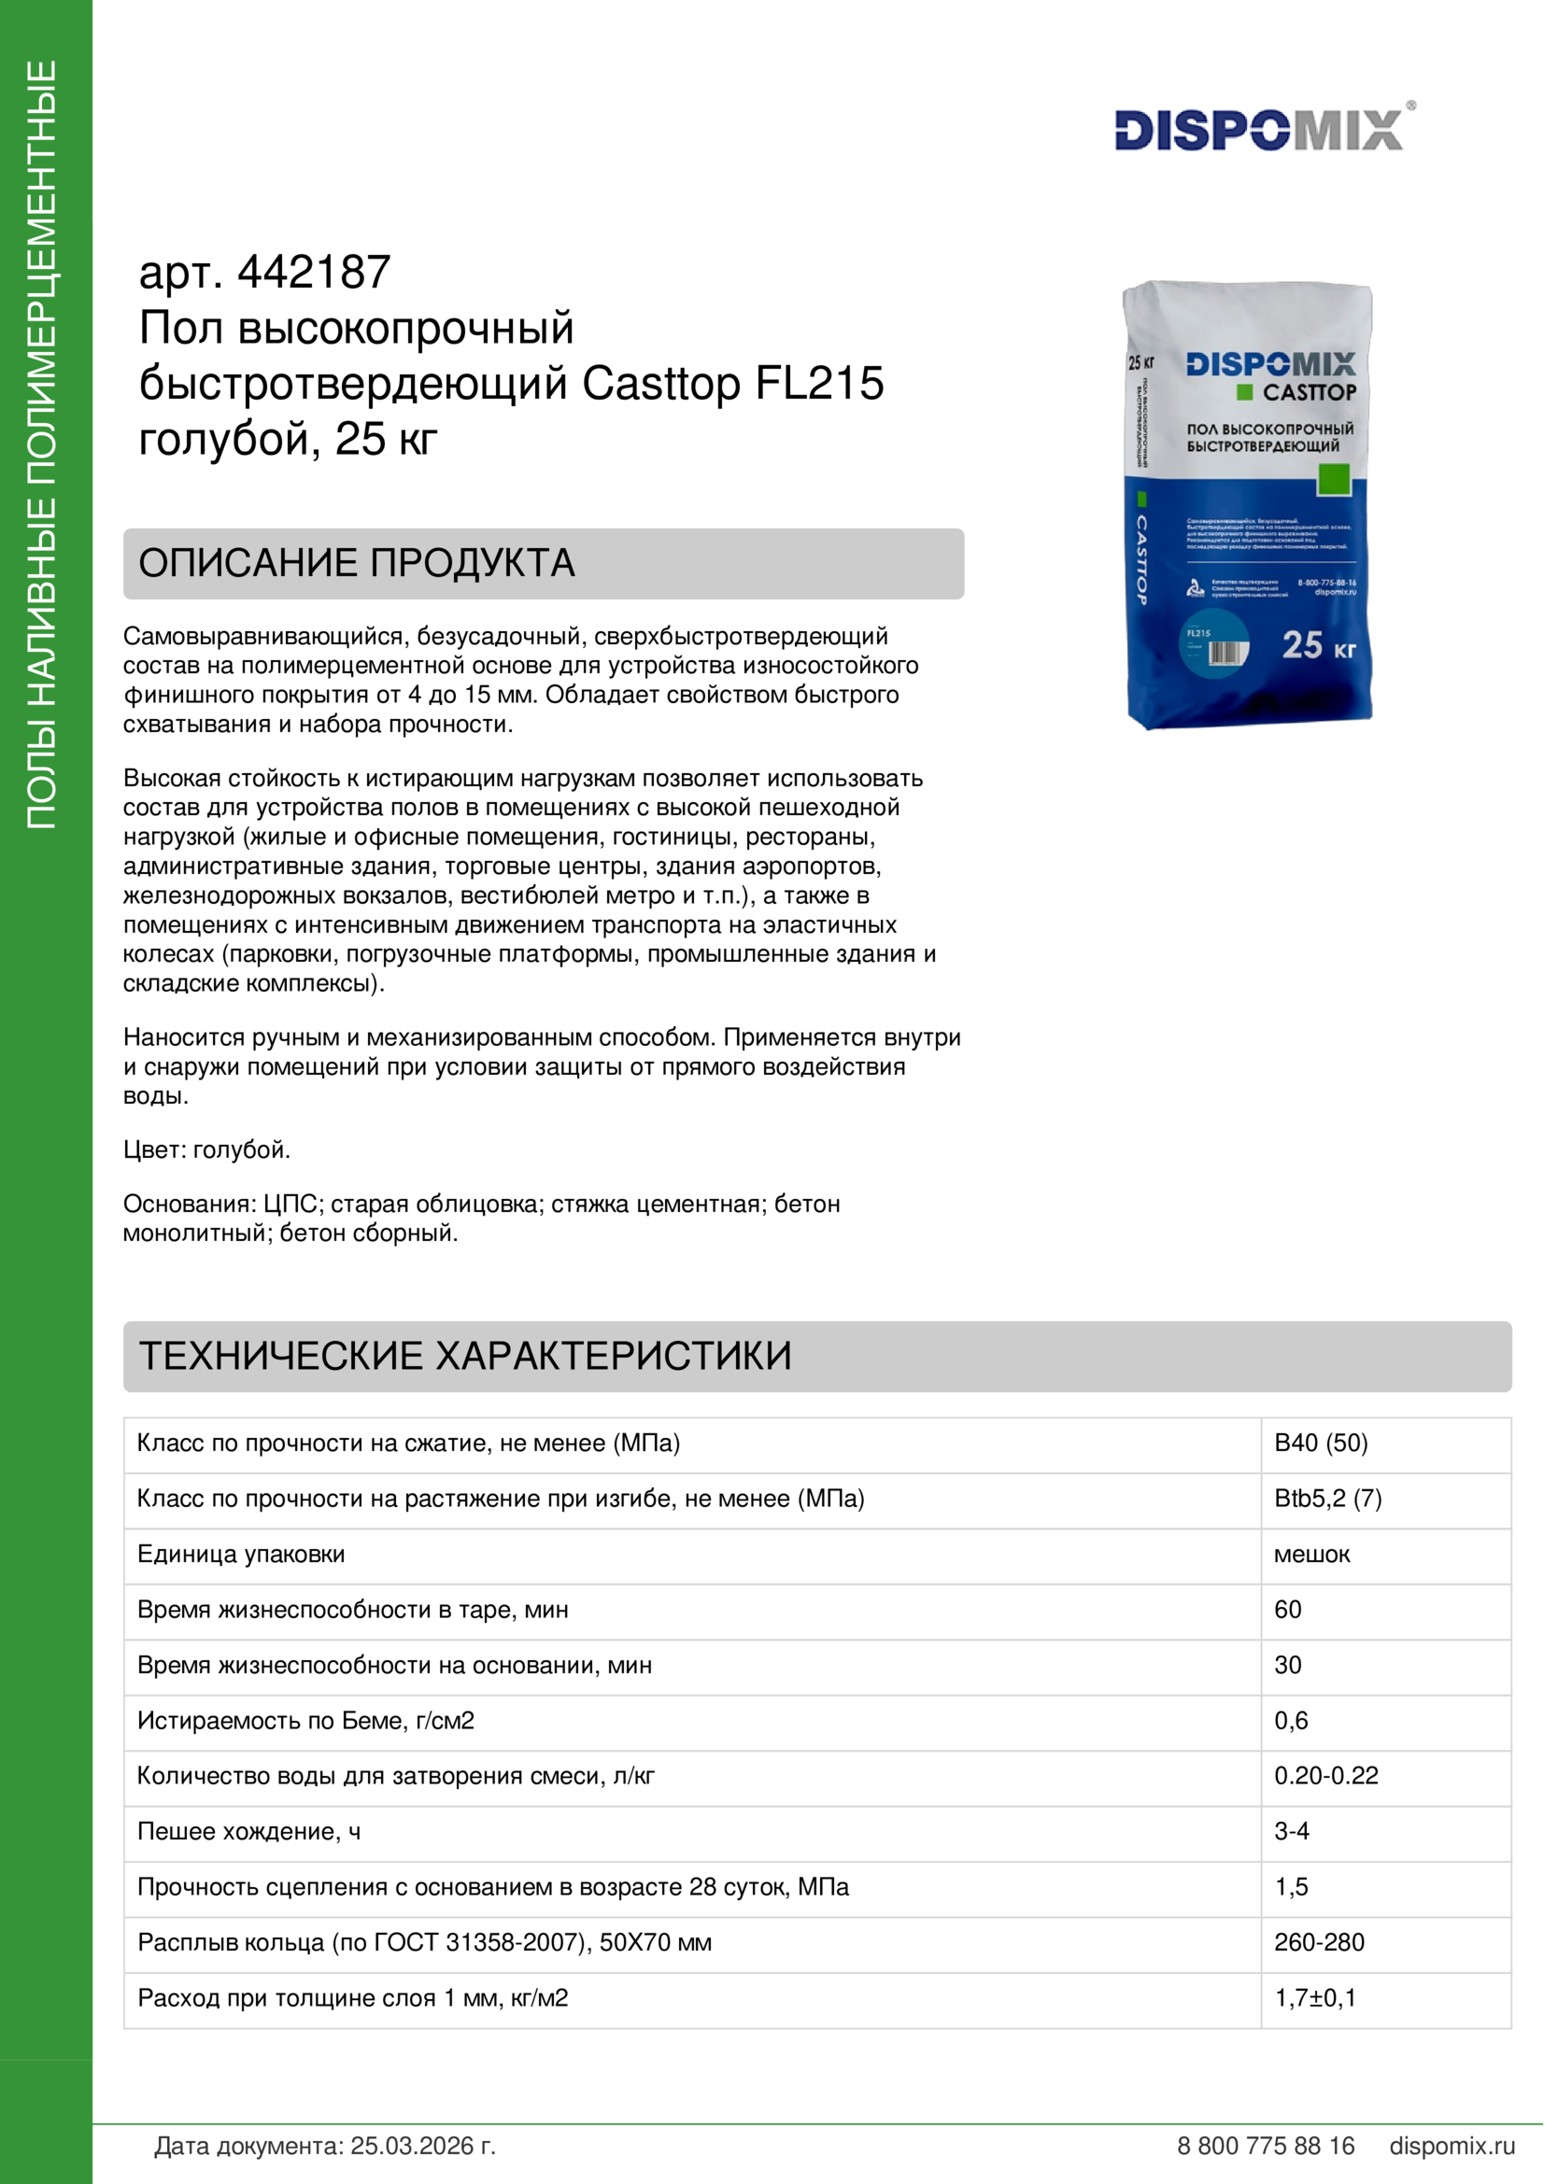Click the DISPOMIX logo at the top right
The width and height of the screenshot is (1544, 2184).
(x=1258, y=130)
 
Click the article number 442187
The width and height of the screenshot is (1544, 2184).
(x=314, y=273)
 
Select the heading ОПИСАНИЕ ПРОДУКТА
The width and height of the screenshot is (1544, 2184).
(x=357, y=563)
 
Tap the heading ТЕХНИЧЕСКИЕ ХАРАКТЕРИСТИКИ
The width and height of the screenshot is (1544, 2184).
(x=465, y=1356)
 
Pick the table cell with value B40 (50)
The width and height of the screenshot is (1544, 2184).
(x=1321, y=1443)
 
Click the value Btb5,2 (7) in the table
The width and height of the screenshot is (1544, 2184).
(x=1327, y=1498)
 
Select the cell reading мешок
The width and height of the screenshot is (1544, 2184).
(x=1311, y=1555)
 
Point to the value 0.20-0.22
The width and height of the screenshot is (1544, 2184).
(x=1325, y=1776)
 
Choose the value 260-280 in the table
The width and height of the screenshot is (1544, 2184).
(x=1319, y=1942)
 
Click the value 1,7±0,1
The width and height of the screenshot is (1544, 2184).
(x=1315, y=1997)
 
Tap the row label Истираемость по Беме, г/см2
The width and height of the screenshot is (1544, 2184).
(x=305, y=1721)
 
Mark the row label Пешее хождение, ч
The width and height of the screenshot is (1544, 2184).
(x=249, y=1831)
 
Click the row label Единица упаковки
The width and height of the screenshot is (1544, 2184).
(x=241, y=1555)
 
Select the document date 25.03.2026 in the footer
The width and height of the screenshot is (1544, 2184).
(x=422, y=2146)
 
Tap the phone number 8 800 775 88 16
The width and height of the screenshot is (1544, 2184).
(x=1266, y=2146)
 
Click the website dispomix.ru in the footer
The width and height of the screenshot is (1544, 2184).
(x=1452, y=2146)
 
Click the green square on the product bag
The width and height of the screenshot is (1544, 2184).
(x=1333, y=478)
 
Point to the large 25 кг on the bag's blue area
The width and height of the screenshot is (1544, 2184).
(x=1318, y=646)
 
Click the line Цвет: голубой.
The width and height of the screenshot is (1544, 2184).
(x=206, y=1150)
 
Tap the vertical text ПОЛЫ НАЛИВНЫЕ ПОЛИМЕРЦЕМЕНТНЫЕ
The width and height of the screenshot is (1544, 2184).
(x=42, y=445)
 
